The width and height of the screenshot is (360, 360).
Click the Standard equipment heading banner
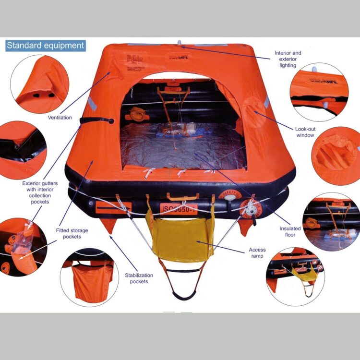click(45, 46)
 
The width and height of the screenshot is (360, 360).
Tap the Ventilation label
click(60, 117)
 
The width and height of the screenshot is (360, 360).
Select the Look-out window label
click(305, 132)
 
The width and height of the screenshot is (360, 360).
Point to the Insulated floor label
click(290, 232)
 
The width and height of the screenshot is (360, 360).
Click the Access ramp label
click(257, 253)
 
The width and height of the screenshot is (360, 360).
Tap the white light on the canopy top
click(179, 43)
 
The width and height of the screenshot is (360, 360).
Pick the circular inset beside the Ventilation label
click(39, 84)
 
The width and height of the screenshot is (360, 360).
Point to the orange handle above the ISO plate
click(182, 196)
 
